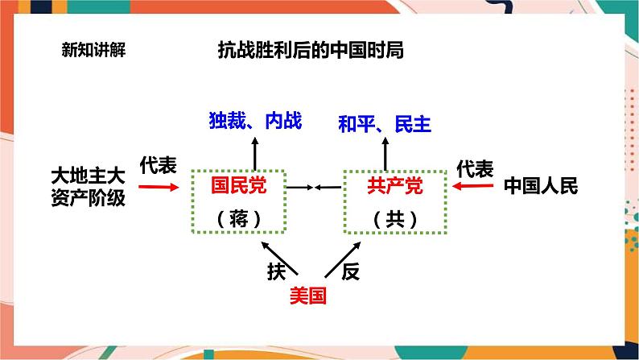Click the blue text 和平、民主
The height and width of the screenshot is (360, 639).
385,123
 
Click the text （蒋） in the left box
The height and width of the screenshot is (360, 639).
238,218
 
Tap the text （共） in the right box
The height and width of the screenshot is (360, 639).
394,218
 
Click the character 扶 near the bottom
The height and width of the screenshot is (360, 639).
277,271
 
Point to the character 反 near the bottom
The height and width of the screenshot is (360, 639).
349,271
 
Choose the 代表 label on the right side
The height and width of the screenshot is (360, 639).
475,168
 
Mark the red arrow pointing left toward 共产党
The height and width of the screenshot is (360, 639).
472,187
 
